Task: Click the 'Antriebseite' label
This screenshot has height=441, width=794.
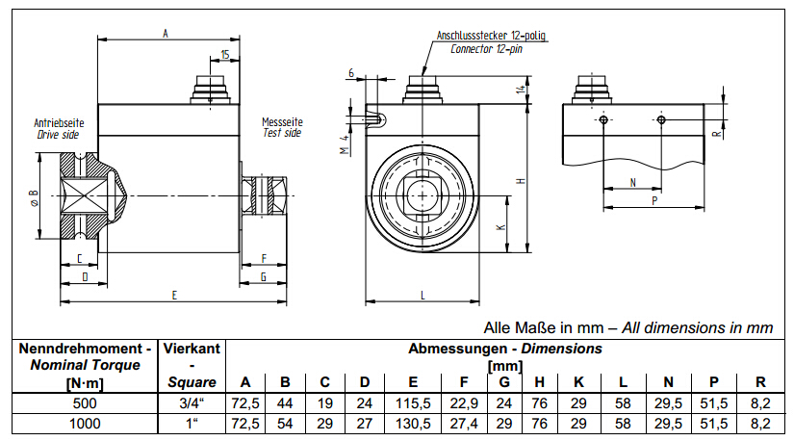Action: click(60, 123)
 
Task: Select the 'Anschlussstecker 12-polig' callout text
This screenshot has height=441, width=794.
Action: click(491, 35)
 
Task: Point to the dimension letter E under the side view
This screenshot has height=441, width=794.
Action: click(173, 296)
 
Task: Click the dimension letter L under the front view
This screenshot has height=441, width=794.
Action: click(423, 295)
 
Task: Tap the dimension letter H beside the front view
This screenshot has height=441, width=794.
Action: click(519, 180)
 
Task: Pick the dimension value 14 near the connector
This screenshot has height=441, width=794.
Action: click(520, 90)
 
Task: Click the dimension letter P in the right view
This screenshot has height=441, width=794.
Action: click(653, 200)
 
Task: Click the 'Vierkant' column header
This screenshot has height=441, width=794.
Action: click(192, 348)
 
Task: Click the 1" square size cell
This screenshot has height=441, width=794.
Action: click(192, 422)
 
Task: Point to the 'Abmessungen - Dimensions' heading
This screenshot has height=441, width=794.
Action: click(505, 348)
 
